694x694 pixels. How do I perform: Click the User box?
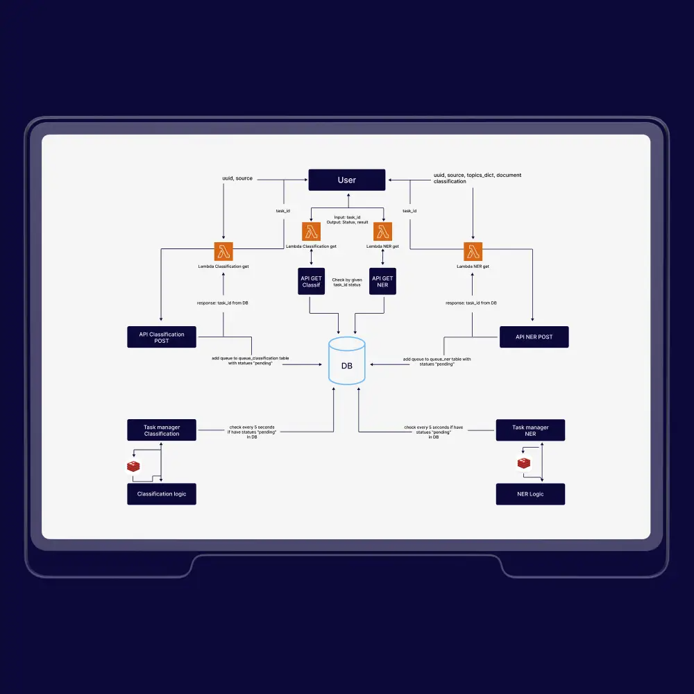[x=346, y=180]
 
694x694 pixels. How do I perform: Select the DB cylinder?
[x=346, y=361]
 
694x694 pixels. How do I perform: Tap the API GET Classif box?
[x=312, y=281]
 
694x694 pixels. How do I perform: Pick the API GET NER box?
[x=383, y=281]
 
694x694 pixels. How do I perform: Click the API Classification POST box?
[x=162, y=337]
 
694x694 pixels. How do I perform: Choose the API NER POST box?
[x=534, y=337]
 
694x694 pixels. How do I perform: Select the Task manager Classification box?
[x=162, y=430]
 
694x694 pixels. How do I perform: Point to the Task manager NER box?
[x=530, y=430]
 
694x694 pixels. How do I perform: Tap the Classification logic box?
[x=162, y=493]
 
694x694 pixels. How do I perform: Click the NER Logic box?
[x=530, y=493]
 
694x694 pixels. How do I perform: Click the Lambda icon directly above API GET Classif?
[x=312, y=231]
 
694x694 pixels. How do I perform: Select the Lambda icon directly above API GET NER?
[x=383, y=231]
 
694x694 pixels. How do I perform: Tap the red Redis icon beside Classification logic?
[x=133, y=466]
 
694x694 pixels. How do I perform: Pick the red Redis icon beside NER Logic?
[x=524, y=463]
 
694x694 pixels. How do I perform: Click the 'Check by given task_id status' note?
[x=347, y=282]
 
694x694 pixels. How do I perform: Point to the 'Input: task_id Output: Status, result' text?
[x=347, y=219]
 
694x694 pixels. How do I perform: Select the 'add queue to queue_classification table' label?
[x=251, y=361]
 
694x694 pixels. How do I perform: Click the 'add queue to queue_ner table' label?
[x=437, y=361]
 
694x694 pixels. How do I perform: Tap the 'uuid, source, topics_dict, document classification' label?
[x=477, y=178]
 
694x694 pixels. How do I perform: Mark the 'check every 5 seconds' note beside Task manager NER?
[x=434, y=432]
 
